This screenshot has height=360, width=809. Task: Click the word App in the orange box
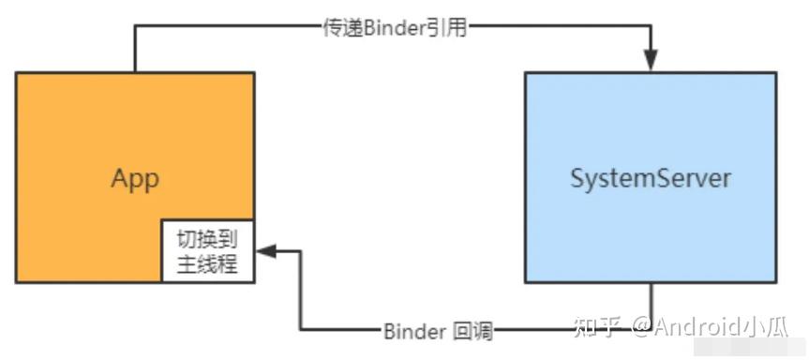pos(135,178)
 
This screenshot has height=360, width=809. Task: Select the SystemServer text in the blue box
pos(650,178)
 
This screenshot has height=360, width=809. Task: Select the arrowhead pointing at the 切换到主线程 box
pos(264,251)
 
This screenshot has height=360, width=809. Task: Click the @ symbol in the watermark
pos(639,327)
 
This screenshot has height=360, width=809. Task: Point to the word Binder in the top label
pos(393,27)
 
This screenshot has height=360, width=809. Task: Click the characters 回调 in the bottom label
pos(472,331)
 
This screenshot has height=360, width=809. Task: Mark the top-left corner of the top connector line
pos(135,27)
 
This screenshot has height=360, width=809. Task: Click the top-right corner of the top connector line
pos(650,27)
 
